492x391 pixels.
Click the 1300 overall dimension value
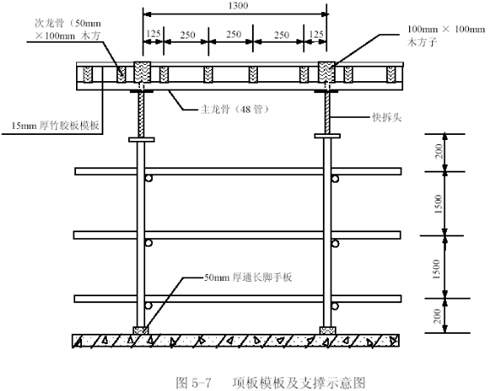[x=238, y=6]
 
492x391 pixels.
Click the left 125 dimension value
[x=154, y=33]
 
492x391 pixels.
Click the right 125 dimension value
[x=316, y=34]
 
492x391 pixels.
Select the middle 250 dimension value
[x=234, y=34]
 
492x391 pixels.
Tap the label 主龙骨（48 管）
[x=234, y=109]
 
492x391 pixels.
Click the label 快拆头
[x=387, y=117]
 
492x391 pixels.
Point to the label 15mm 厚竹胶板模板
[x=56, y=125]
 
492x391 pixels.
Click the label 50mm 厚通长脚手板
[x=248, y=277]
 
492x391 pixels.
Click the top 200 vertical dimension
[x=439, y=151]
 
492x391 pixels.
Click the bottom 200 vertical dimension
[x=437, y=316]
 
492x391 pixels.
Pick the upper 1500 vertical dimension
[x=438, y=204]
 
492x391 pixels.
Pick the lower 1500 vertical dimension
[x=436, y=269]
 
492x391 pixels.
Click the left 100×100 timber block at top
[x=143, y=72]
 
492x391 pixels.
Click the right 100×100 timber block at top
[x=326, y=72]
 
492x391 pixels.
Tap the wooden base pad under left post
[x=141, y=330]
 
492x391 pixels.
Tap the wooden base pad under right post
[x=328, y=330]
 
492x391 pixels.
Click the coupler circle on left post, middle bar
[x=149, y=243]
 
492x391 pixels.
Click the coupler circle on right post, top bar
[x=336, y=179]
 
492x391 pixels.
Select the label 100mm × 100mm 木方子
[x=446, y=36]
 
